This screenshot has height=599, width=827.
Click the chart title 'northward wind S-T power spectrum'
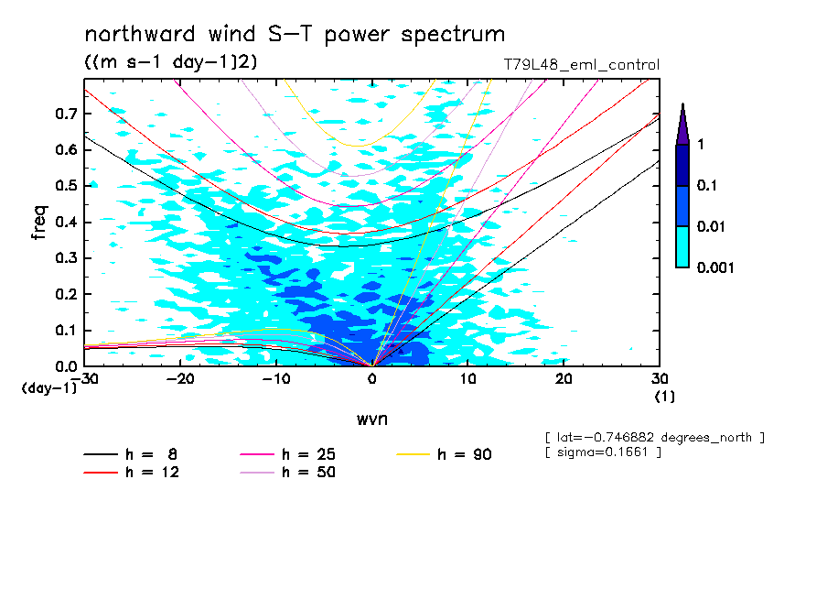(x=295, y=36)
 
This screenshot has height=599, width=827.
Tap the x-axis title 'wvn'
(x=371, y=419)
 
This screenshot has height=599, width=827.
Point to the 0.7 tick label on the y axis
(x=67, y=113)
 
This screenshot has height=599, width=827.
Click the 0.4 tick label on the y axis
(x=67, y=222)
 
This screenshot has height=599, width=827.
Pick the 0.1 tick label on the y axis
(x=67, y=331)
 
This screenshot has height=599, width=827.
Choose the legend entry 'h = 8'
(x=145, y=454)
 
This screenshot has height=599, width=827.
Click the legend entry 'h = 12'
(x=145, y=472)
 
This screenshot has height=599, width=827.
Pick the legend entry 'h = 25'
(x=305, y=454)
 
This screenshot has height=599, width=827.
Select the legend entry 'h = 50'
(x=305, y=472)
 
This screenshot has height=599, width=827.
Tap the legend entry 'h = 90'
(x=463, y=454)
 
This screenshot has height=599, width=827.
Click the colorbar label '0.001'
(x=714, y=267)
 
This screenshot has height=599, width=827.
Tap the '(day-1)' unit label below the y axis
(x=49, y=388)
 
